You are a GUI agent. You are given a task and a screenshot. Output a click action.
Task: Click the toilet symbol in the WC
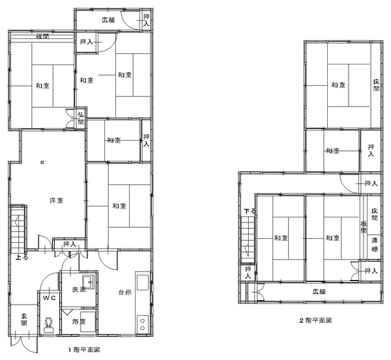(49, 325)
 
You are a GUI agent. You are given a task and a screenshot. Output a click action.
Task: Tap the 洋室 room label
(56, 201)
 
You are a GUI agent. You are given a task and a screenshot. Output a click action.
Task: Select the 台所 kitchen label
(124, 292)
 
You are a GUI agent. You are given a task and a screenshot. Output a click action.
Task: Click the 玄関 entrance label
(24, 320)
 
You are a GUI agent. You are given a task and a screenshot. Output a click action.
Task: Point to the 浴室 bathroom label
(79, 322)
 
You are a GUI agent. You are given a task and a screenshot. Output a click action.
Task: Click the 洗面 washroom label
(79, 290)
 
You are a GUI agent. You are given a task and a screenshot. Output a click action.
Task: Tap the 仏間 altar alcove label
(81, 118)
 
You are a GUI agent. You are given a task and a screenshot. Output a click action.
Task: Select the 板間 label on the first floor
(42, 36)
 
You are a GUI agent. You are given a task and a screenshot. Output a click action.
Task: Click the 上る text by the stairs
(22, 257)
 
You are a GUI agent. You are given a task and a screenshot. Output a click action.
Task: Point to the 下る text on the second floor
(250, 212)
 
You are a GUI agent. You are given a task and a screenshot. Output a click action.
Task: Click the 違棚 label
(375, 245)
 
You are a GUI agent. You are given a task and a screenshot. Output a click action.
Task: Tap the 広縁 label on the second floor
(319, 292)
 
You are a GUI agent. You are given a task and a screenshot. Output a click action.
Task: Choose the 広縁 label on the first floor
(108, 20)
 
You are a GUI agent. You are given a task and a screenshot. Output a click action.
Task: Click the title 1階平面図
(84, 350)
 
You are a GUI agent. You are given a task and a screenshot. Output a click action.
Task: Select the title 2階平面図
(315, 320)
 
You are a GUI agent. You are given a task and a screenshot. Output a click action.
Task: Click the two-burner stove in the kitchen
(142, 324)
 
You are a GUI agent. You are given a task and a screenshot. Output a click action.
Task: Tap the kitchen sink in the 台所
(143, 283)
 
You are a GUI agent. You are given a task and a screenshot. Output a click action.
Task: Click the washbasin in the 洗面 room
(88, 282)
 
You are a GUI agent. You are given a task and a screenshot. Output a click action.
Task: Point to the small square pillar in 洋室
(42, 163)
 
